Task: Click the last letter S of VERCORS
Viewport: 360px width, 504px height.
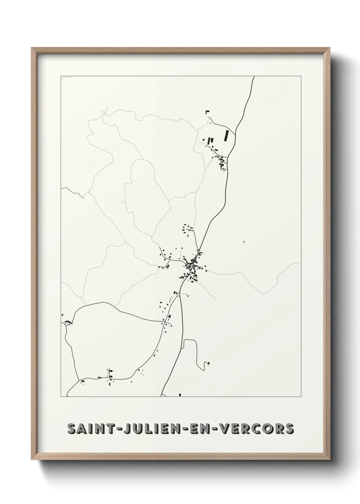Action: pyautogui.click(x=289, y=429)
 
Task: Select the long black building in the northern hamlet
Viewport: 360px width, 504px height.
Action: pyautogui.click(x=225, y=136)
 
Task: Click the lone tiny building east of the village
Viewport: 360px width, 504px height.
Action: pyautogui.click(x=244, y=242)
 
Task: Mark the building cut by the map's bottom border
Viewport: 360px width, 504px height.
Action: pyautogui.click(x=180, y=395)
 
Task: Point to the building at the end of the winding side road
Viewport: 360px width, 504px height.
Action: pyautogui.click(x=208, y=363)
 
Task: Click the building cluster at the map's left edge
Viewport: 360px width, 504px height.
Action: pyautogui.click(x=68, y=322)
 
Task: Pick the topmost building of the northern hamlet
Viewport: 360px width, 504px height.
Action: pyautogui.click(x=207, y=111)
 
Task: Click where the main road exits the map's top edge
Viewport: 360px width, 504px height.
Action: pyautogui.click(x=254, y=77)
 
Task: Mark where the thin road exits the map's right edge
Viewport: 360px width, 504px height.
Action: pyautogui.click(x=300, y=263)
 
